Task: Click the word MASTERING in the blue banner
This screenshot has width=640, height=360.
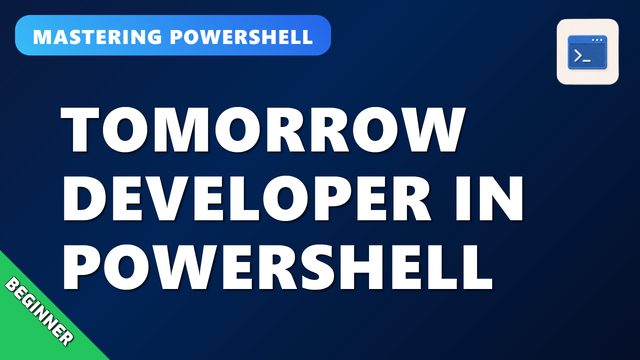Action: tap(97, 37)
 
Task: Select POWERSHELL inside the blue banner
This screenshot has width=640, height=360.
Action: tap(241, 37)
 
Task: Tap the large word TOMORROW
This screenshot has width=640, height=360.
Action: tap(263, 129)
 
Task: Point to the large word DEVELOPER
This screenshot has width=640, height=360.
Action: tap(247, 198)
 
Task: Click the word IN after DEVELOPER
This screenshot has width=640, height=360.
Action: tap(489, 198)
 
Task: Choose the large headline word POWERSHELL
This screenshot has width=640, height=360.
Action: tap(277, 267)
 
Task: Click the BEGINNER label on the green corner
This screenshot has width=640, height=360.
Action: tap(39, 311)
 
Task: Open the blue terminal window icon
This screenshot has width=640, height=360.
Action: tap(587, 52)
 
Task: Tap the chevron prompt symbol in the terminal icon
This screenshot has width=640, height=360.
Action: tap(578, 56)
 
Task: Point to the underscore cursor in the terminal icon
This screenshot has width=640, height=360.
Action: tap(587, 61)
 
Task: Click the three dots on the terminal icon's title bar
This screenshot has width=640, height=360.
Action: tap(597, 40)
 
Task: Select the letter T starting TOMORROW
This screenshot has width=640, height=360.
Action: tap(80, 129)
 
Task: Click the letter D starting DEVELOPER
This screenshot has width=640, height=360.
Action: tap(83, 198)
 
